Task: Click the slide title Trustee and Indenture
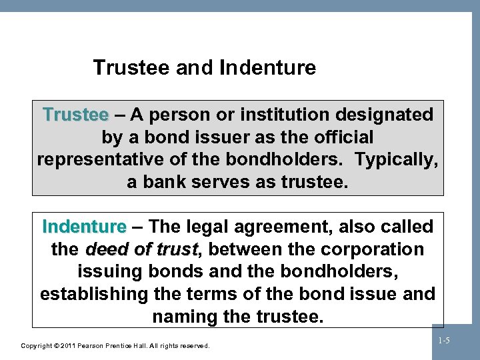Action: coord(205,67)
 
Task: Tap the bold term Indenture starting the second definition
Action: coord(83,227)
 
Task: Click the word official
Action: coord(339,137)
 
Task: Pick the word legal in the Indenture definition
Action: coord(195,227)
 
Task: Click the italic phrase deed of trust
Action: coord(142,249)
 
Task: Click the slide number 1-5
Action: coord(444,341)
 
